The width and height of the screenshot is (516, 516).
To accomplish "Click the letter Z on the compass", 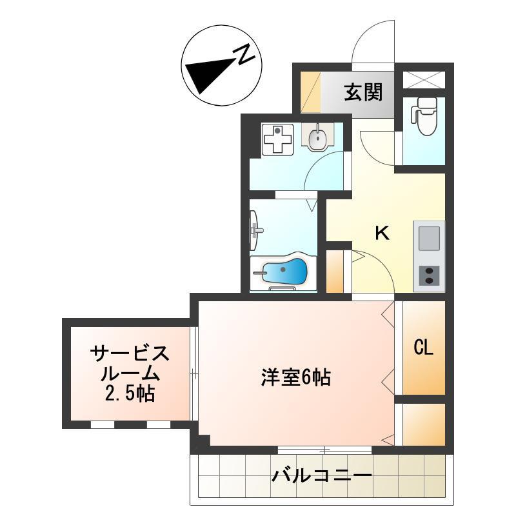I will click(x=244, y=55).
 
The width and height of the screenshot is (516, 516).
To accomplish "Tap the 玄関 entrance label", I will click(x=363, y=93).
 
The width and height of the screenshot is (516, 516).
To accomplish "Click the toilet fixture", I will click(x=424, y=116).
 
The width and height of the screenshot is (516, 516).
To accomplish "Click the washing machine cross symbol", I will click(x=277, y=139).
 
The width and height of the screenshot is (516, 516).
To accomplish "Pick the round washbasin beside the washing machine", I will click(x=317, y=137).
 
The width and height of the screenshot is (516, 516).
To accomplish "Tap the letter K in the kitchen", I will click(x=382, y=233).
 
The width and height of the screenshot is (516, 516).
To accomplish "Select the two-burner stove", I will click(x=428, y=275).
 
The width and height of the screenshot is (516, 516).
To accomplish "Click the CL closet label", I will click(x=423, y=348).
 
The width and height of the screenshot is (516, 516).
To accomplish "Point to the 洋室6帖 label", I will click(x=296, y=377).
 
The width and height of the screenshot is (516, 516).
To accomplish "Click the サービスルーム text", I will click(x=130, y=362).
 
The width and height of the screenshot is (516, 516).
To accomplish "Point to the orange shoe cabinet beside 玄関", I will click(x=312, y=94).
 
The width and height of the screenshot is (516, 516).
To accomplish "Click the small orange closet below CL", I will click(x=424, y=424).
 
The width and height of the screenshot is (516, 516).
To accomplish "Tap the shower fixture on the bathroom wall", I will click(x=255, y=230).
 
